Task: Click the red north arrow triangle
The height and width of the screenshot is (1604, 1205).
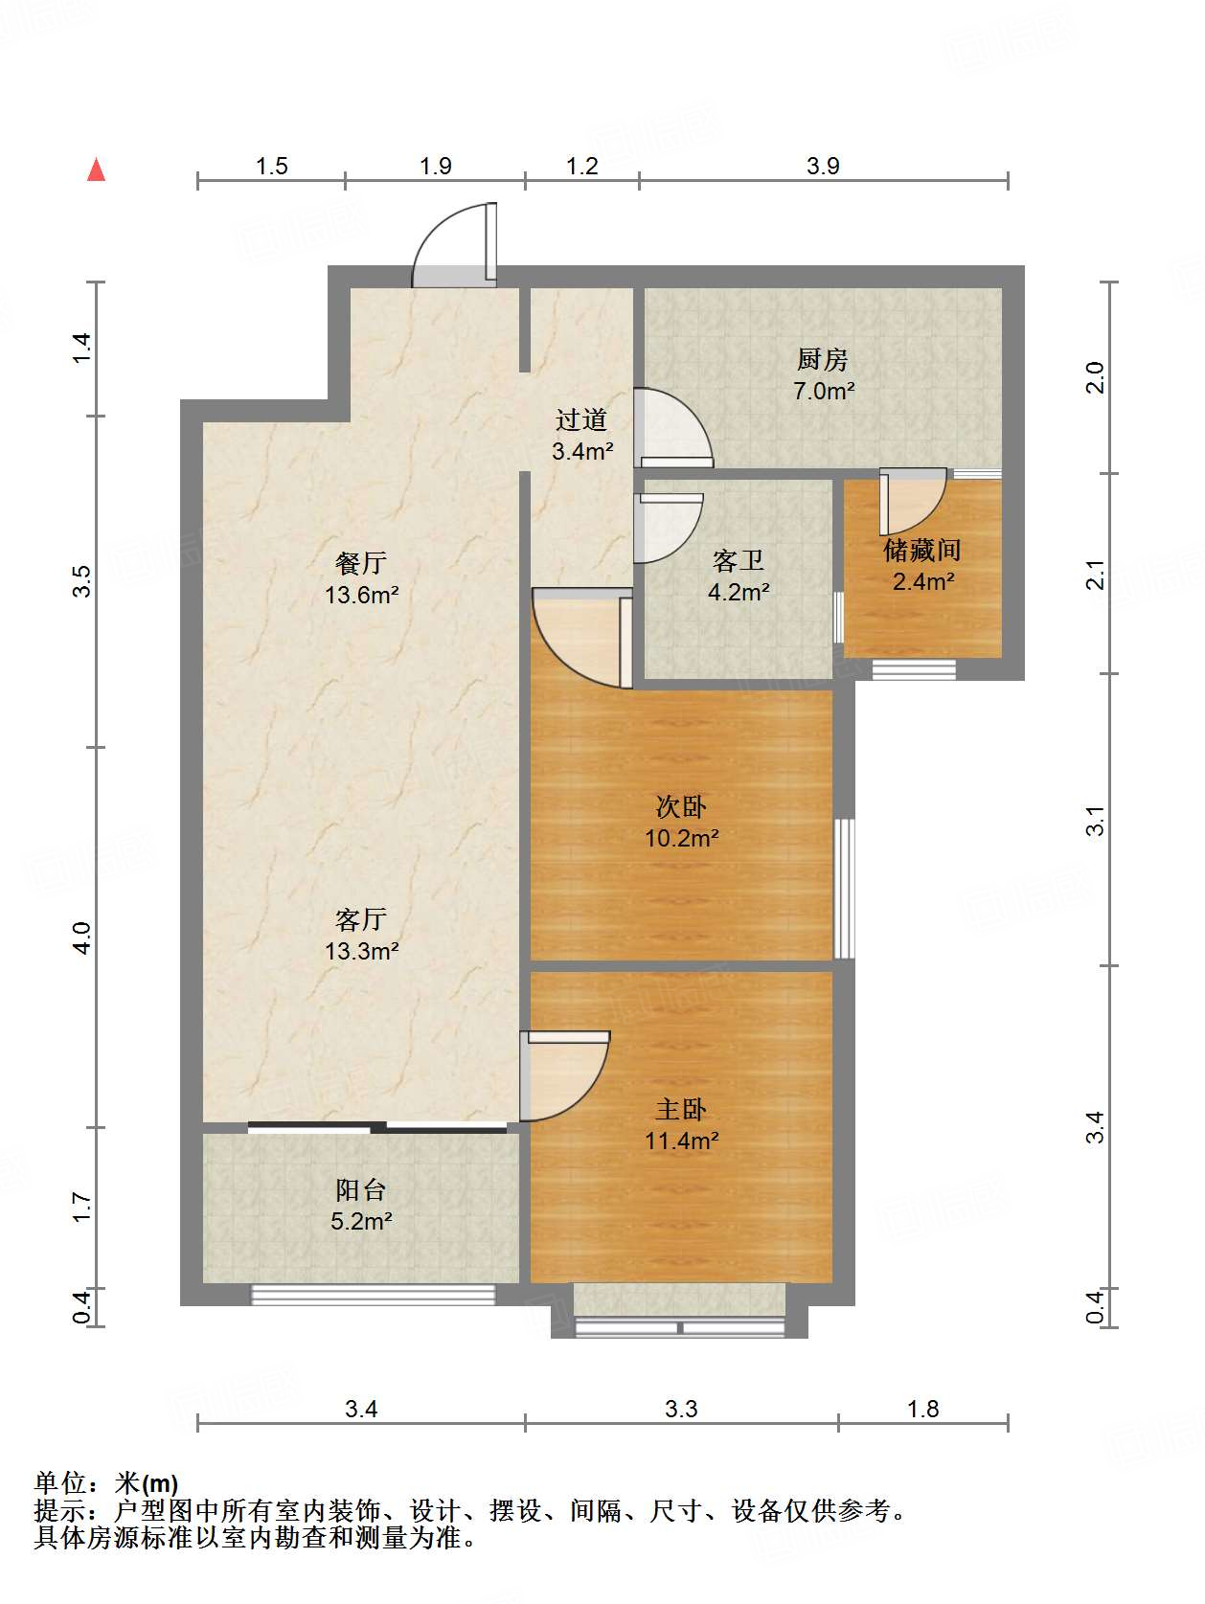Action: tap(97, 169)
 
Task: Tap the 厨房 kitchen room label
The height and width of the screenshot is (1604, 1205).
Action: tap(823, 359)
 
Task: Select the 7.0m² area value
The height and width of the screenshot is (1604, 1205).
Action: tap(825, 391)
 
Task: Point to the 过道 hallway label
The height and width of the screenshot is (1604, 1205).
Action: tap(581, 419)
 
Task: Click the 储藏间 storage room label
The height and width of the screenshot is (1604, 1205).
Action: tap(922, 550)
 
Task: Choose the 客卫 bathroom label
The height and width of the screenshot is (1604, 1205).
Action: tap(739, 560)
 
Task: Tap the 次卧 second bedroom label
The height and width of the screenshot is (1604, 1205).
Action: tap(681, 806)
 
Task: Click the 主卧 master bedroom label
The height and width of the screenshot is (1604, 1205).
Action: tap(681, 1109)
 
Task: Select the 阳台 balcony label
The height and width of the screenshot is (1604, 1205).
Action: tap(361, 1189)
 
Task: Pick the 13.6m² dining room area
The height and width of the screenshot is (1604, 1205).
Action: tap(362, 595)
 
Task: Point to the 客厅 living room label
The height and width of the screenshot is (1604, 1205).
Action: tap(361, 918)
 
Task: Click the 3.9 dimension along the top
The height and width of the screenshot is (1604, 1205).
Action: tap(823, 166)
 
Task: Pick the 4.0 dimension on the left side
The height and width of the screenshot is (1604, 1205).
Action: tap(81, 938)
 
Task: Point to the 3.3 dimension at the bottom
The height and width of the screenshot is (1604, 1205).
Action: tap(681, 1408)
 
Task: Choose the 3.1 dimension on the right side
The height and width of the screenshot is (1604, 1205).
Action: tap(1095, 821)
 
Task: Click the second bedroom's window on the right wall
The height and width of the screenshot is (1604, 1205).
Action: tap(844, 888)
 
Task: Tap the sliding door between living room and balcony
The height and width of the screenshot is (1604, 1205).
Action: tap(377, 1126)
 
